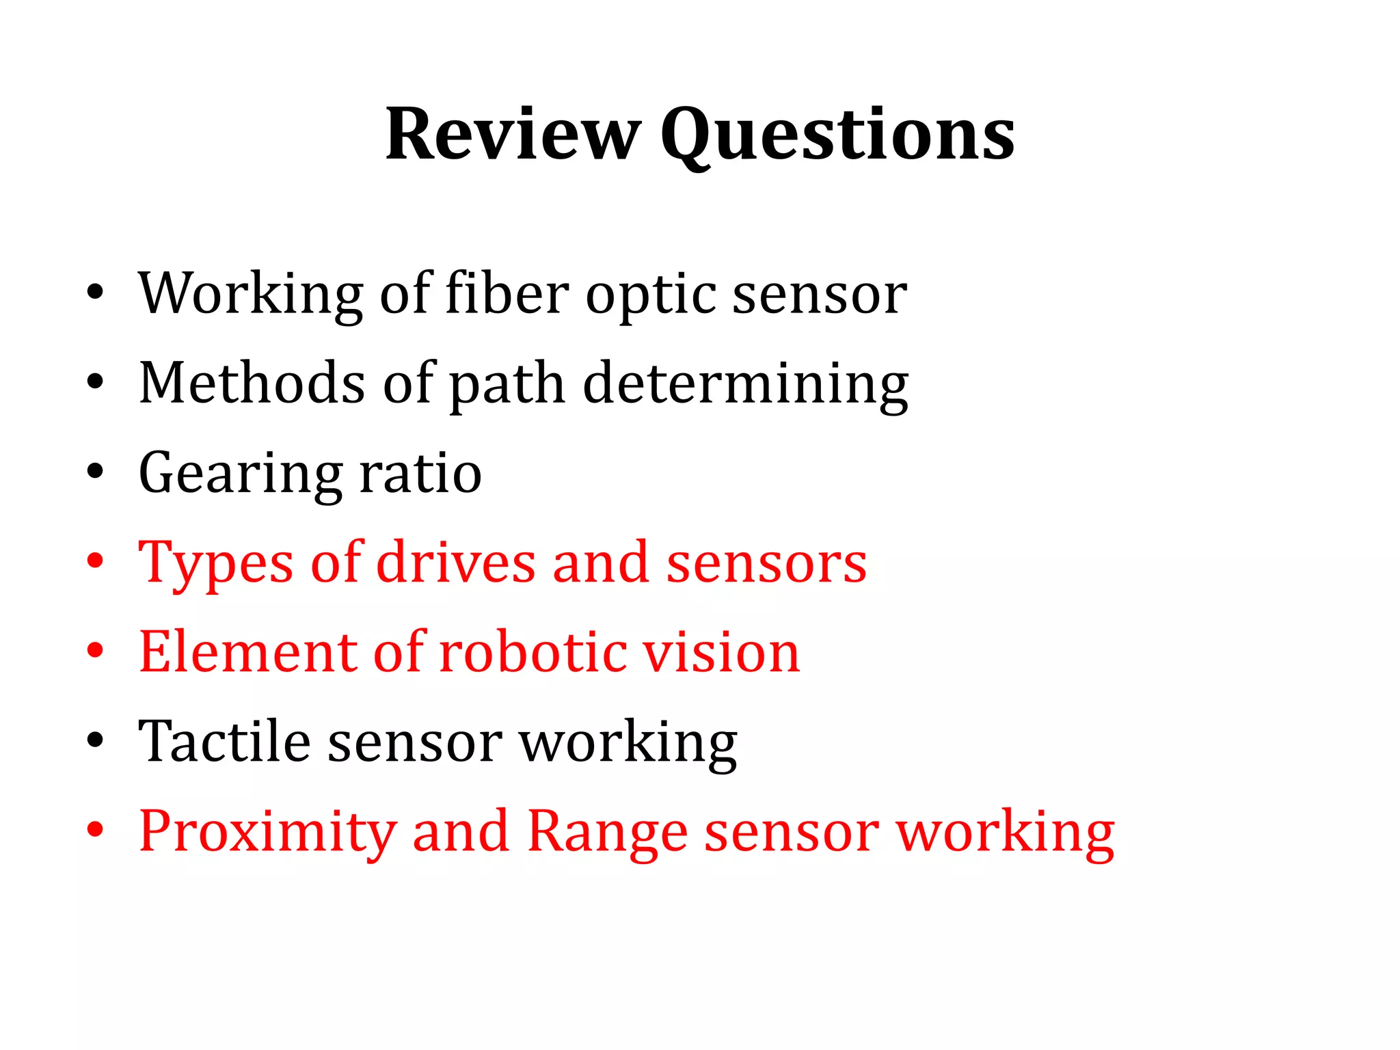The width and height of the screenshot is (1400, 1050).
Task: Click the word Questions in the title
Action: click(x=837, y=135)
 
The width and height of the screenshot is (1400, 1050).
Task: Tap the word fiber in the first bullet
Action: click(x=507, y=293)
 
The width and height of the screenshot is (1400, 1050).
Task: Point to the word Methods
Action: click(x=252, y=383)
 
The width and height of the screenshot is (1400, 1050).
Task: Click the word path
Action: click(x=507, y=384)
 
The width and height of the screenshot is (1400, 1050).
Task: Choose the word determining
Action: click(x=746, y=384)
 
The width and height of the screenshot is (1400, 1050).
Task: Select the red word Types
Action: click(x=216, y=563)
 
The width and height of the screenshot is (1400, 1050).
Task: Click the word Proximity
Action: click(x=267, y=832)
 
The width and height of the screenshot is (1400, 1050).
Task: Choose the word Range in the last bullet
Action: click(x=608, y=832)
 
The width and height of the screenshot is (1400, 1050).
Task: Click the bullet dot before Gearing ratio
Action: click(x=95, y=472)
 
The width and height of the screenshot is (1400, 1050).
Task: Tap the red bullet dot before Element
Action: click(x=95, y=651)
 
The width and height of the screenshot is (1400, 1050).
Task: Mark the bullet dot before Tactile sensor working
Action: click(x=95, y=740)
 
